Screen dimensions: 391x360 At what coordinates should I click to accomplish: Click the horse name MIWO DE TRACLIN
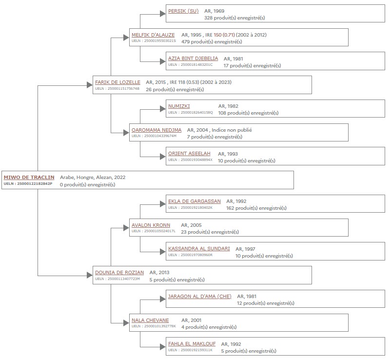coord(29,178)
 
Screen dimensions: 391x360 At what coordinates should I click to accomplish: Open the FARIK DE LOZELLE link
coord(117,82)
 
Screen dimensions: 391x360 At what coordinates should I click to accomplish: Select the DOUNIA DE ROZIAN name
coord(119,272)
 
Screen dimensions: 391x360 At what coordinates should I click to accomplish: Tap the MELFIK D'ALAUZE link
coord(153,35)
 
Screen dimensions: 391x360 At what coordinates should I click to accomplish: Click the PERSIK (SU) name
coord(183,11)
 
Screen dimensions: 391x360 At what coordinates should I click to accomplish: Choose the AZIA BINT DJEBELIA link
coord(193,59)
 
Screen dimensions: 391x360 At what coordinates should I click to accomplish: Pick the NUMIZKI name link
coord(179,106)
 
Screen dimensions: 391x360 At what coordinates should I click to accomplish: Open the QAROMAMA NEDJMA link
coord(156,130)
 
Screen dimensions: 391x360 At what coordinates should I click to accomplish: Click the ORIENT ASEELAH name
coord(189,154)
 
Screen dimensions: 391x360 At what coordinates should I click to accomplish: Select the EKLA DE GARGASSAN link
coord(195,201)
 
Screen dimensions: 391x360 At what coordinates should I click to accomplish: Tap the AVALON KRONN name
coord(151,225)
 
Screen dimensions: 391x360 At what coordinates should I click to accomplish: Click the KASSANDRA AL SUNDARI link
coord(199,248)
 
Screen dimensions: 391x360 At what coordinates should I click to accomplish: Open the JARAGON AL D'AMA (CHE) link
coord(200,297)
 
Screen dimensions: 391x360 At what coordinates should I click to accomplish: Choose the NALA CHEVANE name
coord(150,320)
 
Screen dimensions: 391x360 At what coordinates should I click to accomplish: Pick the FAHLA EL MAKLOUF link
coord(192,344)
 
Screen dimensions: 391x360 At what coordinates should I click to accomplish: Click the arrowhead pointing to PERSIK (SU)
coord(163,14)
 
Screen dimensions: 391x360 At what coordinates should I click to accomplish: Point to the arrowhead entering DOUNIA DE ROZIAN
coord(90,276)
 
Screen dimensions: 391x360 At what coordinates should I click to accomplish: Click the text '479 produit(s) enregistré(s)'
coord(212,41)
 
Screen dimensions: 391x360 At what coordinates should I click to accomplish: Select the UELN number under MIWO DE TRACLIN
coord(28,183)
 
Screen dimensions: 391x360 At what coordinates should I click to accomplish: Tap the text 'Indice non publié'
coord(232,130)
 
